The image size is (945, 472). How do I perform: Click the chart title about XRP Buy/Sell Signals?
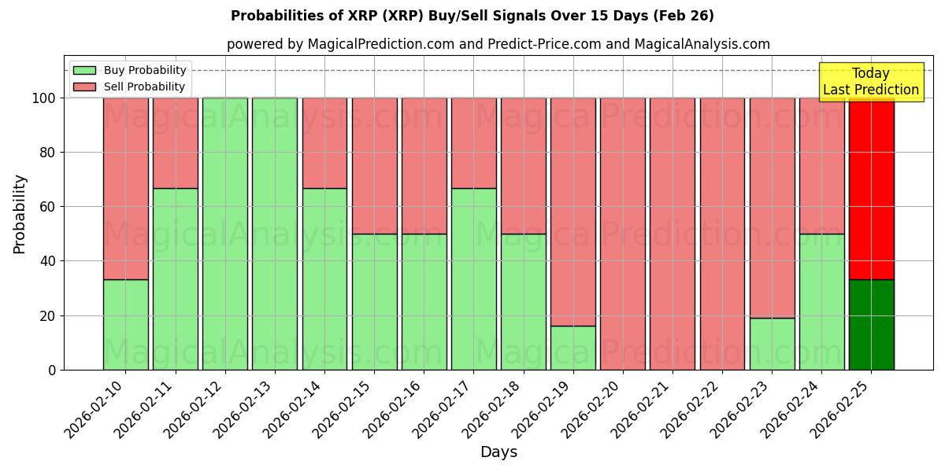[x=472, y=16]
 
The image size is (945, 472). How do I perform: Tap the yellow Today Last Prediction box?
[x=870, y=82]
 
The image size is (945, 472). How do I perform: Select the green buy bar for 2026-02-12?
[x=225, y=234]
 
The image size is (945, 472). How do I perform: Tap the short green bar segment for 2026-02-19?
[x=573, y=348]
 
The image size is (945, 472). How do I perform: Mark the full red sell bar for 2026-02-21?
[x=673, y=234]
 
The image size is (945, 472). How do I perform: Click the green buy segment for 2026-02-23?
[x=772, y=344]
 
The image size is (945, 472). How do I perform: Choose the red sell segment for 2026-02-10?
[x=125, y=189]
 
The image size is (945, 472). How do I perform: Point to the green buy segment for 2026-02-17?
[x=474, y=278]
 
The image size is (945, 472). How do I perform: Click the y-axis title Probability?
[x=20, y=214]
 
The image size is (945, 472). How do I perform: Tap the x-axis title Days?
[x=498, y=452]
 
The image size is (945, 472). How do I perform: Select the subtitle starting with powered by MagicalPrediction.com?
[x=498, y=44]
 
